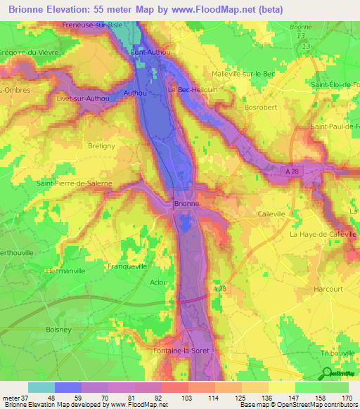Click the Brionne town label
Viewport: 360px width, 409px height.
click(187, 204)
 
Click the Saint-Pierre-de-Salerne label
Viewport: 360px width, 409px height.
click(74, 183)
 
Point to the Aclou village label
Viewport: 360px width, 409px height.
click(158, 282)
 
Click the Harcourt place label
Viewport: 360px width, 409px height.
click(327, 289)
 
